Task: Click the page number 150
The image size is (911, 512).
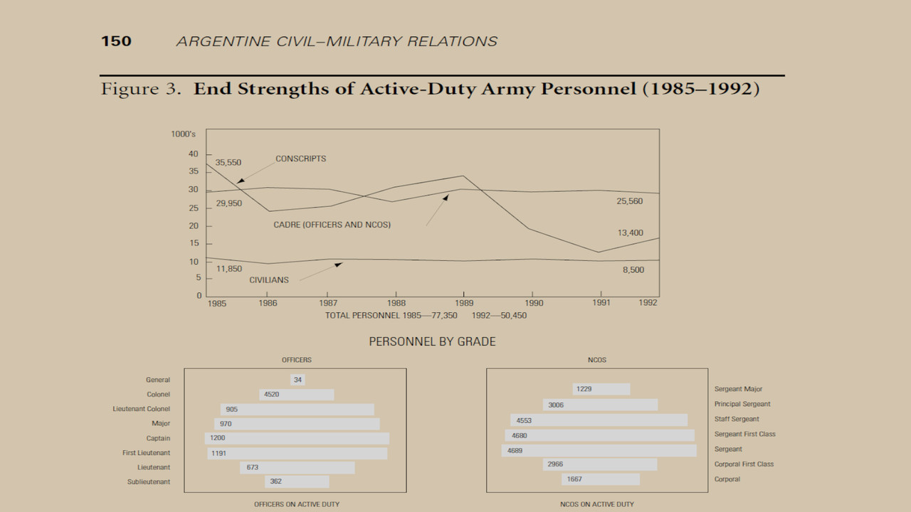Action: [x=116, y=41]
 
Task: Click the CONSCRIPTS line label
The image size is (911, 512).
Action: [x=300, y=159]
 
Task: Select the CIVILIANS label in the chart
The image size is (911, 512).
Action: [x=269, y=280]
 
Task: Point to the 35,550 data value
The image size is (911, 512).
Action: [x=228, y=163]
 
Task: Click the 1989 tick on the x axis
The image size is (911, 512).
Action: [x=463, y=302]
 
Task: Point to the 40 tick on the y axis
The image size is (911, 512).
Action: [x=194, y=154]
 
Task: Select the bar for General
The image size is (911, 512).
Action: [x=297, y=380]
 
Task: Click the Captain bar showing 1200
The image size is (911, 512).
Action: [x=297, y=438]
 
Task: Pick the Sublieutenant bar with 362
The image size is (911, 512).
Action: [x=297, y=481]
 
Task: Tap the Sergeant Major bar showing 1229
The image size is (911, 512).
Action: [x=601, y=389]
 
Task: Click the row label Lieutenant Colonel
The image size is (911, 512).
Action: [x=142, y=409]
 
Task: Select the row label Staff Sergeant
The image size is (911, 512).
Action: [x=737, y=420]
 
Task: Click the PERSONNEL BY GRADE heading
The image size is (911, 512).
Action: [x=432, y=342]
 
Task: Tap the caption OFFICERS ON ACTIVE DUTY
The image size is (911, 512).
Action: [x=297, y=504]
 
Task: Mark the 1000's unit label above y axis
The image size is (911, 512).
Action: [x=183, y=134]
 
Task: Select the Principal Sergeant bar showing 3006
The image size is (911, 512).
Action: [x=600, y=405]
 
